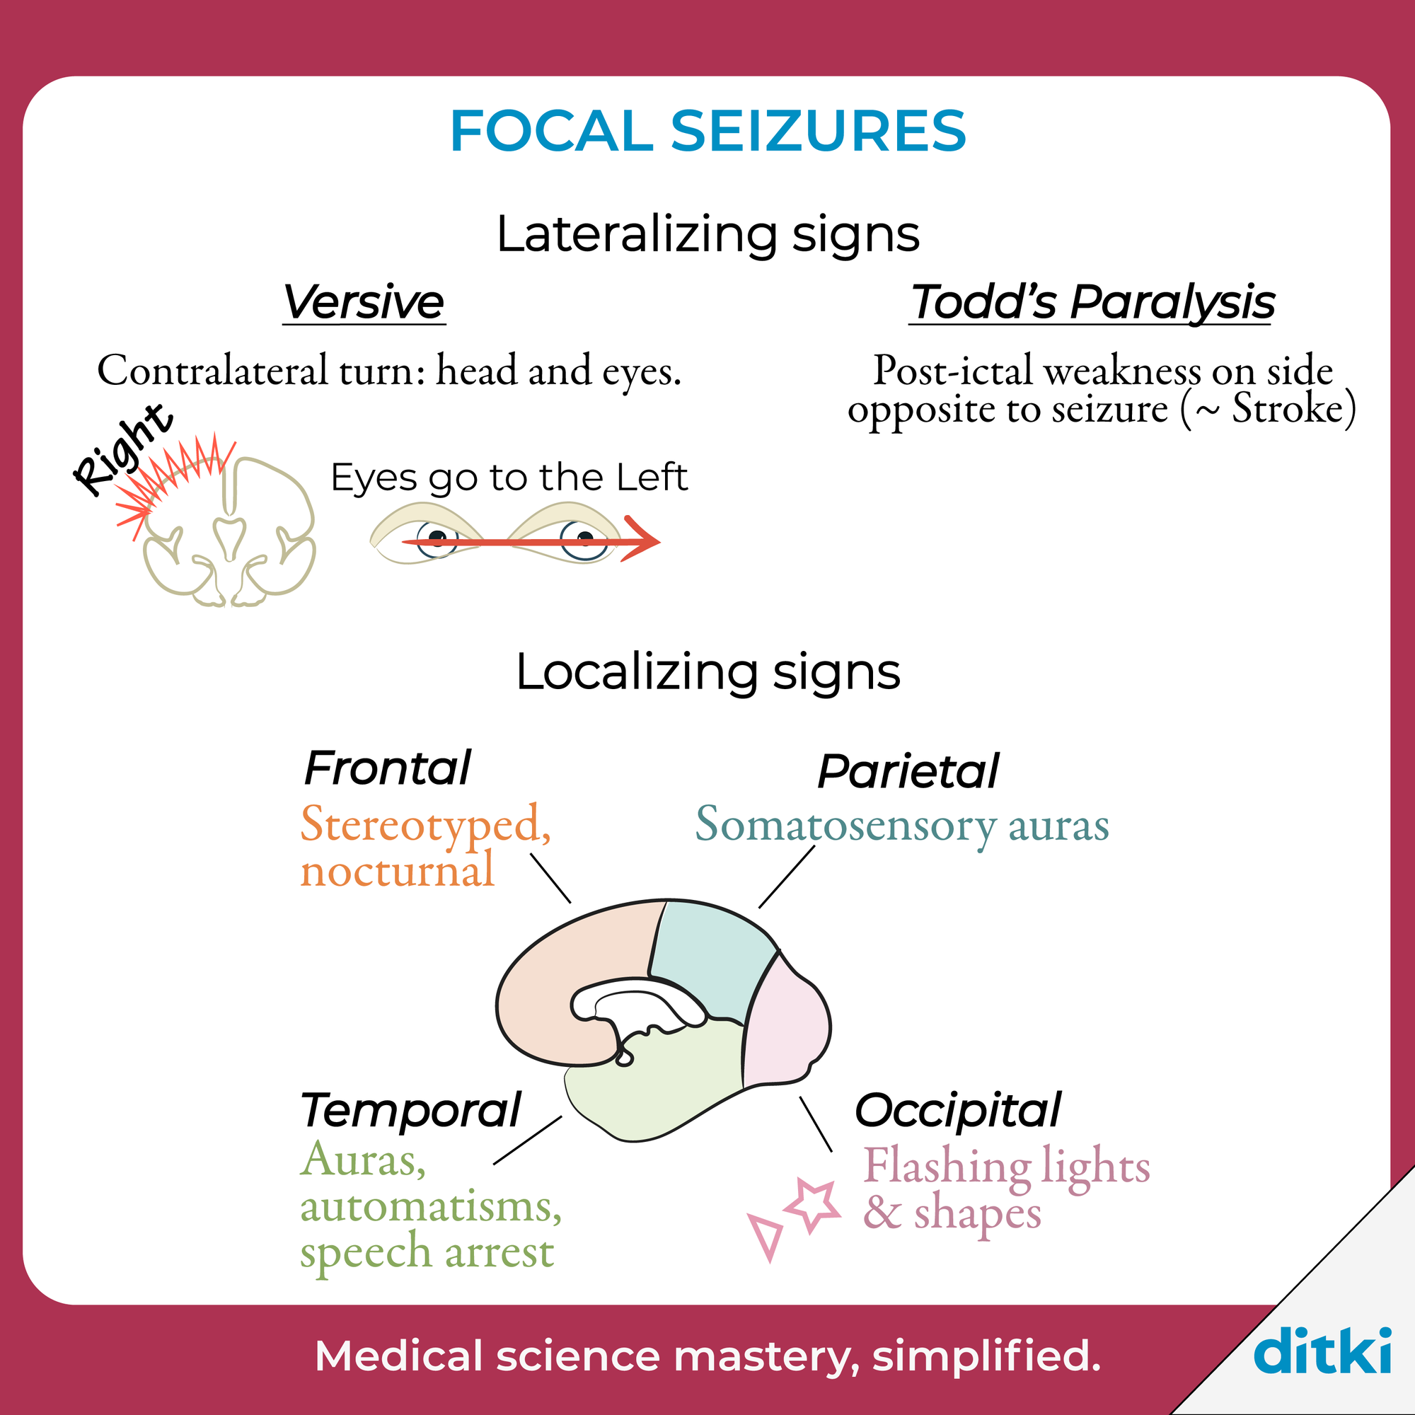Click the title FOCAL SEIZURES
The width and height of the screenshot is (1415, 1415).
coord(707,131)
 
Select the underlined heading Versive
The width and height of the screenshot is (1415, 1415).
coord(364,302)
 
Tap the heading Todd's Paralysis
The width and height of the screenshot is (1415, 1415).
coord(1091,302)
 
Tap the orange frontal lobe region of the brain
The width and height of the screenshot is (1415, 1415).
coord(564,974)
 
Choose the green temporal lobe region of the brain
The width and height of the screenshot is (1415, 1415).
coord(659,1084)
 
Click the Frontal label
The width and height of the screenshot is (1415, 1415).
coord(388,768)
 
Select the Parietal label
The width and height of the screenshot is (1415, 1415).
coord(908,771)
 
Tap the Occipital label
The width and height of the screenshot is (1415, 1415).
coord(958,1111)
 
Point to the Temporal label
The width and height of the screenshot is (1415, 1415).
coord(411,1111)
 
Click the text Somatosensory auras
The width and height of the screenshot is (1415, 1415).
coord(902,826)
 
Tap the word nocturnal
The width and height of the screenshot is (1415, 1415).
coord(398,871)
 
